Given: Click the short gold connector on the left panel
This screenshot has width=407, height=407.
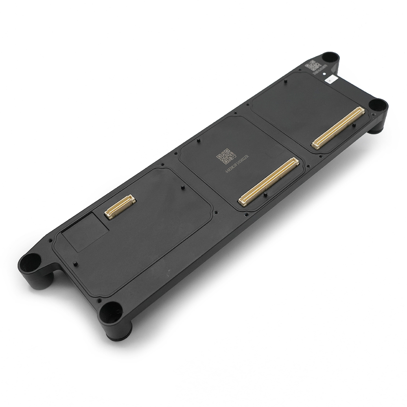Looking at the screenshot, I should click(120, 206).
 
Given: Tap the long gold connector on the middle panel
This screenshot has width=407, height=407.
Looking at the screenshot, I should click(269, 181).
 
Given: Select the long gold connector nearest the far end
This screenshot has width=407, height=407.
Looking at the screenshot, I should click(338, 127).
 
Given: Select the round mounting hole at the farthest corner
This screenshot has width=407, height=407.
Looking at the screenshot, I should click(328, 57).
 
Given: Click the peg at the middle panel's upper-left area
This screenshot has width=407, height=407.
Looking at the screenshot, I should click(198, 141).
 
